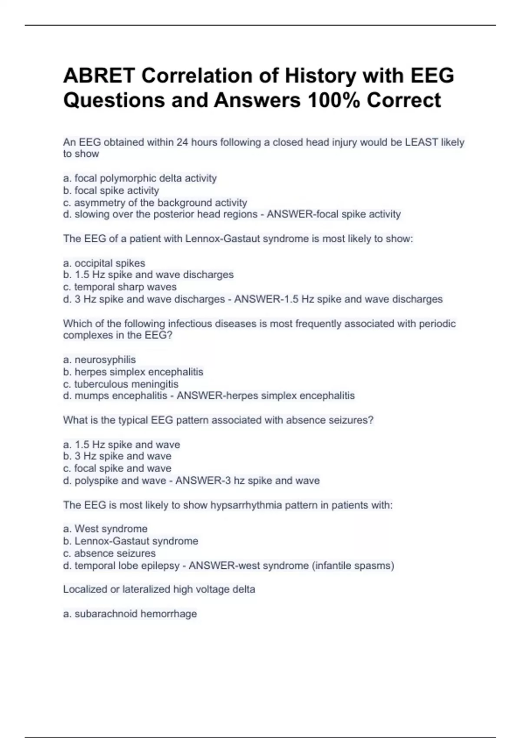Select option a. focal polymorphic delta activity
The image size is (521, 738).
pos(140,178)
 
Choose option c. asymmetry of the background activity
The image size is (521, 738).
pos(155,203)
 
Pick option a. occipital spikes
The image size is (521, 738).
pos(104,263)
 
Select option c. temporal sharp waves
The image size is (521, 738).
pos(120,287)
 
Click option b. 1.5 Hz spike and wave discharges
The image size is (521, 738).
pos(148,275)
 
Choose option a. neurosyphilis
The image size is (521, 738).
pos(99,359)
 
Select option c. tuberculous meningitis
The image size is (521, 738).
pos(121,384)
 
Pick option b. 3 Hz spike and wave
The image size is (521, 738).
pos(117,456)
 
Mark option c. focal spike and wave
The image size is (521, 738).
pos(117,468)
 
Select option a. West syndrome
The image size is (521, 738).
pos(106,529)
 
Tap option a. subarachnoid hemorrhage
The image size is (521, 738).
pos(130,614)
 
